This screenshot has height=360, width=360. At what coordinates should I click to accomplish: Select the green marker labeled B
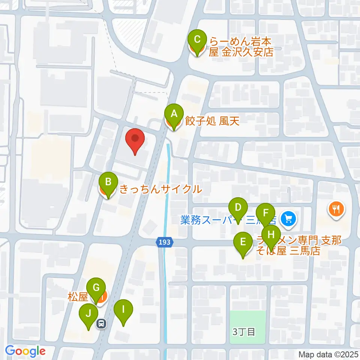[x=108, y=183]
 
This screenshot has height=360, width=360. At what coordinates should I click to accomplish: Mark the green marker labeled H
[x=270, y=235]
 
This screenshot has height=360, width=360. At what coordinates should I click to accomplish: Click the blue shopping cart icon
[x=288, y=218]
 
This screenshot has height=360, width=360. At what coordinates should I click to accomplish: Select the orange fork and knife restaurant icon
[x=336, y=208]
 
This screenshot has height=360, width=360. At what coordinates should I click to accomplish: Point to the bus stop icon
[x=101, y=323]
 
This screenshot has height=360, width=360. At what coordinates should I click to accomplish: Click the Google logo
[x=25, y=351]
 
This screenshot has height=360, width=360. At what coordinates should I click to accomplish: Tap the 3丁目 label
[x=244, y=331]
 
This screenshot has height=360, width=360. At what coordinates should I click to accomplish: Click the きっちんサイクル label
[x=160, y=189]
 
